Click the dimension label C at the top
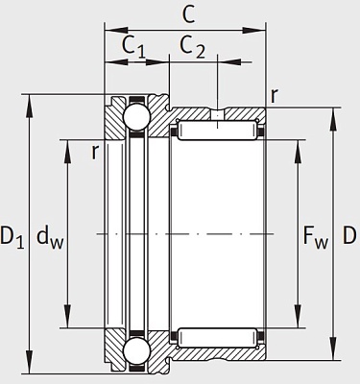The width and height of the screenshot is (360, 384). point(188,14)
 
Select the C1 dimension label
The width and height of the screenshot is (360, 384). point(133,46)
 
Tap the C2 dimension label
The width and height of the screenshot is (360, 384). point(192,46)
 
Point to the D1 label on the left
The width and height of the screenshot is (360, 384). point(12,236)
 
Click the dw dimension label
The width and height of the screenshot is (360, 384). point(50,237)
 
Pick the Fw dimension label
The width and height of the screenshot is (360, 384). point(316,237)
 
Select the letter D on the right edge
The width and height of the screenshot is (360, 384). point(349,235)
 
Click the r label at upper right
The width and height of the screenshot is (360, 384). point(275,95)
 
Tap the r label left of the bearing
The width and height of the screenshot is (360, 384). point(94,152)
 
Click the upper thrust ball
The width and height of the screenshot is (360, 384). point(136,116)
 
